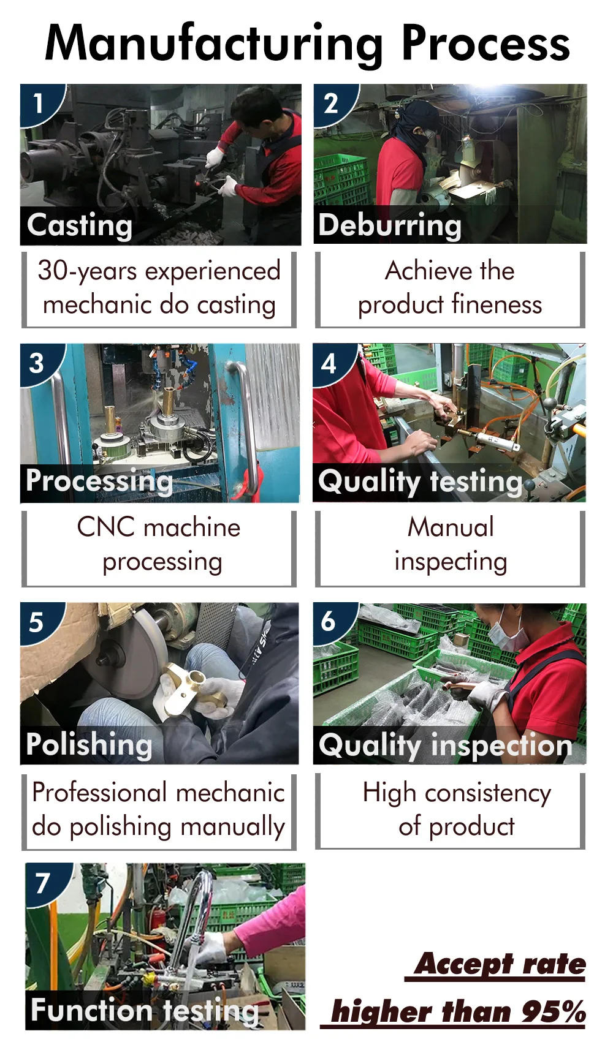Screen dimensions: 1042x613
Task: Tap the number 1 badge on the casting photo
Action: [x=38, y=103]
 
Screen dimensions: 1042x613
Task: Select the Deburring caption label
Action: [x=390, y=225]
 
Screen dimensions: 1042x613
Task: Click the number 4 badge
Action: [x=329, y=363]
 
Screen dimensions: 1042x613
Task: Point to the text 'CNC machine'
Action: [x=159, y=527]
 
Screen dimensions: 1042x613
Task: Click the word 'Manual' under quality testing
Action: [x=451, y=527]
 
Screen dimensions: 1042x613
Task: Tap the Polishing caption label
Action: [x=89, y=745]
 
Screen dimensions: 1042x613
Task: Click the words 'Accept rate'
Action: [x=500, y=964]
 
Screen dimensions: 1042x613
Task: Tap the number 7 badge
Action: [x=42, y=883]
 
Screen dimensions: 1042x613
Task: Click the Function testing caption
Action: [x=145, y=1010]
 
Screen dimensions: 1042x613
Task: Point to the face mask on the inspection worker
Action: [x=508, y=635]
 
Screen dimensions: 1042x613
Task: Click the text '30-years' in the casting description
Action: [x=86, y=271]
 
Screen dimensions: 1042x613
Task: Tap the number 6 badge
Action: [x=329, y=622]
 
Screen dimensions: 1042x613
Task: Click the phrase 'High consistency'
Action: [x=456, y=793]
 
